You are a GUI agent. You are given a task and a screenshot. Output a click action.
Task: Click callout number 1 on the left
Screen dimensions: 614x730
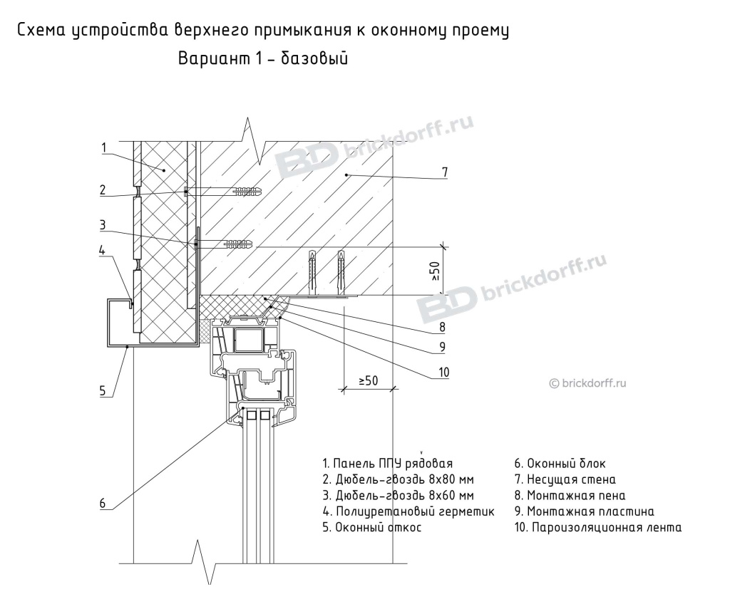pyautogui.click(x=103, y=148)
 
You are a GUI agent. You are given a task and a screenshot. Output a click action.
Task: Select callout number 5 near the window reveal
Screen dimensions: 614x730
pyautogui.click(x=103, y=390)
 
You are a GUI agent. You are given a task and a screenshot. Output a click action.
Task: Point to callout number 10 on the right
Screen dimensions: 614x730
pyautogui.click(x=443, y=370)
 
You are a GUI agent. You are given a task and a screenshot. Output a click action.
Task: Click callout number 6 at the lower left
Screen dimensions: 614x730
pyautogui.click(x=103, y=503)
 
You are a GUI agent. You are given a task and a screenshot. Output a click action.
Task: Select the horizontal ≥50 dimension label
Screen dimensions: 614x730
pyautogui.click(x=368, y=381)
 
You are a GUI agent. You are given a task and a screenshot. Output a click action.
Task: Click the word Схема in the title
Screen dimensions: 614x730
pyautogui.click(x=41, y=31)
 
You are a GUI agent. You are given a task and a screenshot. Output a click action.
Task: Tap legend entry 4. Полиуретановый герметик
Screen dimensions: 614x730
pyautogui.click(x=408, y=511)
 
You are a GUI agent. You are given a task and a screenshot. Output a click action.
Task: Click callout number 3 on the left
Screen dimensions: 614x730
pyautogui.click(x=103, y=224)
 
